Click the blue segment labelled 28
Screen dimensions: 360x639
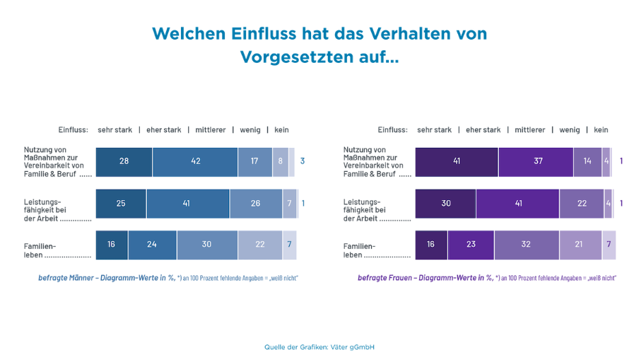point(124,161)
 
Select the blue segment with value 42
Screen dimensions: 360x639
point(195,161)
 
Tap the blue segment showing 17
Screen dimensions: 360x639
point(254,161)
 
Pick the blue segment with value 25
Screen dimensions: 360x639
point(121,204)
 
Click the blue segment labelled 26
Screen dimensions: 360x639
point(255,204)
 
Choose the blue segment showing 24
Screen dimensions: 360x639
point(152,245)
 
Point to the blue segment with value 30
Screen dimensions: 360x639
point(207,245)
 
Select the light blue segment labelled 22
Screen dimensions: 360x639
point(259,245)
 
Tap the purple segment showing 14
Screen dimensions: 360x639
point(587,161)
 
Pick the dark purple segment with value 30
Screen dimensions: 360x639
point(445,204)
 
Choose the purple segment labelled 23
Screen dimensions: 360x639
point(470,245)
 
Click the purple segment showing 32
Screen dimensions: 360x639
point(526,245)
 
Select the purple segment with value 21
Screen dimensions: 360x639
point(580,245)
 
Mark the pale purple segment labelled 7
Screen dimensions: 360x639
point(609,245)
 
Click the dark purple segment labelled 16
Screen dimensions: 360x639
point(431,245)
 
